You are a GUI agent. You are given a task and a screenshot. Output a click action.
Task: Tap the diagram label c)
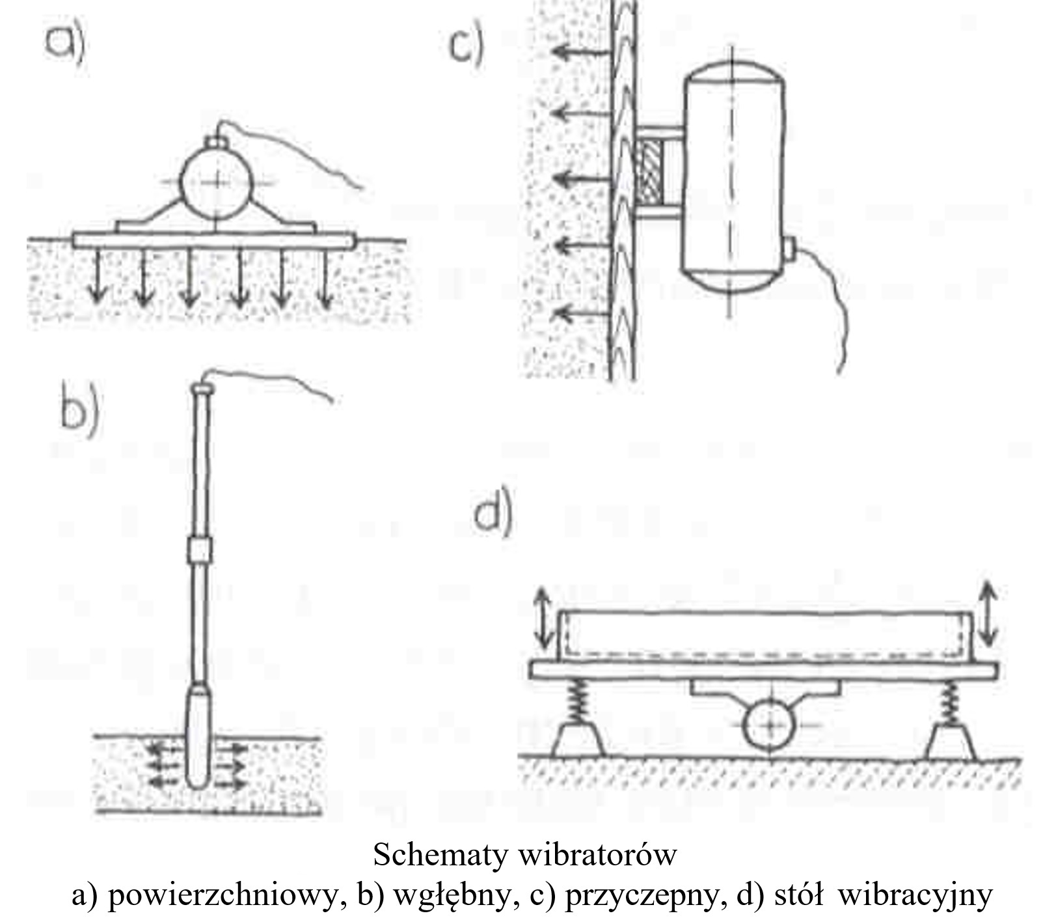(x=466, y=45)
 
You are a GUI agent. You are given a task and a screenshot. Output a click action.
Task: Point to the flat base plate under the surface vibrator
(x=214, y=240)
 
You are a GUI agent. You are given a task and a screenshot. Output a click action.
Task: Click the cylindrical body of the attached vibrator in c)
(x=733, y=176)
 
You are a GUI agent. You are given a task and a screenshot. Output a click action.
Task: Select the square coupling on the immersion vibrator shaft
(x=199, y=550)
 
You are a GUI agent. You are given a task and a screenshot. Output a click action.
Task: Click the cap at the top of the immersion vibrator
(x=202, y=389)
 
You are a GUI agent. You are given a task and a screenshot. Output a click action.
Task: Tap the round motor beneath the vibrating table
(x=770, y=725)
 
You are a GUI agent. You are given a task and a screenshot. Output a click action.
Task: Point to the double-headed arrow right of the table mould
(x=987, y=612)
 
